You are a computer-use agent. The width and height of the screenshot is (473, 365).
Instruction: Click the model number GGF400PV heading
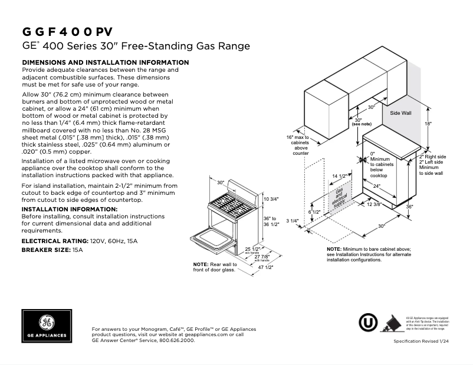[x=67, y=32]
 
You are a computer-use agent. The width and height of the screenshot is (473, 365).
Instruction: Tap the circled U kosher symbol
[x=369, y=323]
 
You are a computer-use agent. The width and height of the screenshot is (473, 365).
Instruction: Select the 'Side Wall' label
[x=401, y=112]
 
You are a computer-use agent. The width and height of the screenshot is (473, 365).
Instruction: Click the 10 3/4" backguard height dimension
[x=270, y=200]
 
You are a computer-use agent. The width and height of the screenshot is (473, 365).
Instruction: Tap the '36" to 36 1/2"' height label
[x=270, y=221]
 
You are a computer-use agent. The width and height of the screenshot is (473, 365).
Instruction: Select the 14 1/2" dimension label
[x=339, y=176]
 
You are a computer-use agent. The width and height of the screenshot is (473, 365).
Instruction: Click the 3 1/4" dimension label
[x=293, y=221]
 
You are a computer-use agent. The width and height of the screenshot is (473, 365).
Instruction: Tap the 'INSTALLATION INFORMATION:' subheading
[x=70, y=210]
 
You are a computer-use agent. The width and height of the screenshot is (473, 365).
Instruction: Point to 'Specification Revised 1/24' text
[x=425, y=342]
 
